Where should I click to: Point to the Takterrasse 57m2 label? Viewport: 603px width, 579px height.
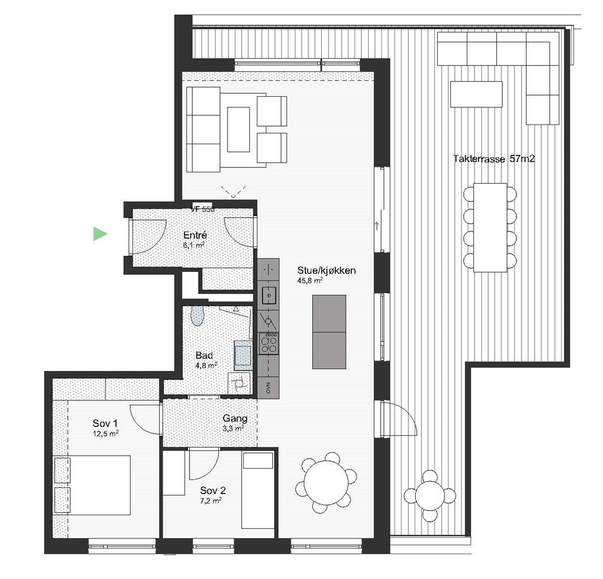tap(494, 159)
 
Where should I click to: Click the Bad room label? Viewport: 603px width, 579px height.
tap(204, 356)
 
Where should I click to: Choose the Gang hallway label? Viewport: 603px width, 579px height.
tap(235, 419)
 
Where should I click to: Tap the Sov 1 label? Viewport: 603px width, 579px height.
tap(105, 423)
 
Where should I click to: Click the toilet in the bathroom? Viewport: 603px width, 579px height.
tap(196, 316)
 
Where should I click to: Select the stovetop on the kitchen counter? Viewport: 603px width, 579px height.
tap(269, 342)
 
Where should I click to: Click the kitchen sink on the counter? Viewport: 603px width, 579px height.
tap(268, 294)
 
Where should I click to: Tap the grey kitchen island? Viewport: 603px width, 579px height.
tap(329, 332)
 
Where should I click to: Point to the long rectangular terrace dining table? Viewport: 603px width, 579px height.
tap(490, 227)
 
